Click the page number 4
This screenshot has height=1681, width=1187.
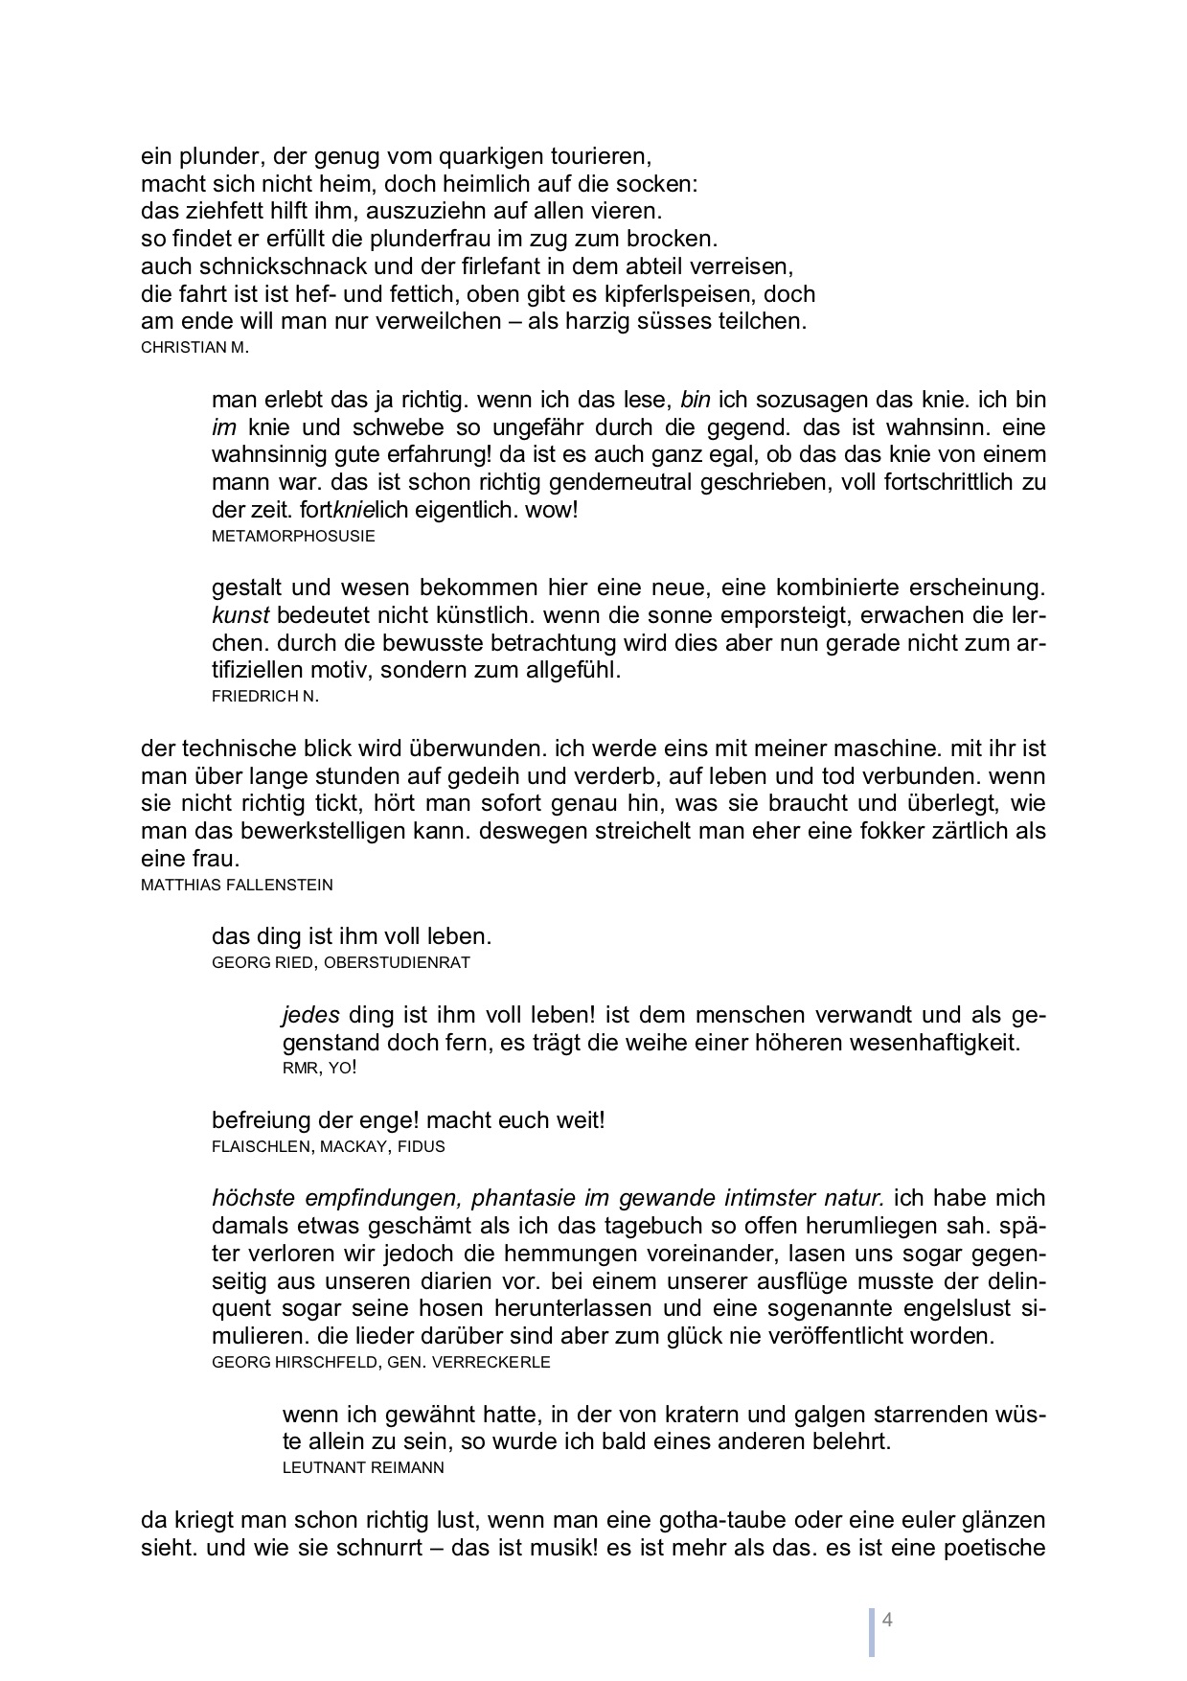click(x=887, y=1621)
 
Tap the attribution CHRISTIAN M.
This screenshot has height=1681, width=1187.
click(x=194, y=348)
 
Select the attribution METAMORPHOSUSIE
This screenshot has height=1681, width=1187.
click(x=293, y=536)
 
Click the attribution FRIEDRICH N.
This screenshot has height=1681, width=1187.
click(x=265, y=697)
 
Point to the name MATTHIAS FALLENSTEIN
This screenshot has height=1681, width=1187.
click(x=237, y=885)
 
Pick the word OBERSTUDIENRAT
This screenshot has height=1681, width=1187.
click(x=398, y=962)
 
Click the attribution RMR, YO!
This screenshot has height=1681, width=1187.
click(x=320, y=1068)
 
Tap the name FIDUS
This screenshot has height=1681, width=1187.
click(x=426, y=1146)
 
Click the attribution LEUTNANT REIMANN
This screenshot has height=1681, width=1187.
click(x=363, y=1467)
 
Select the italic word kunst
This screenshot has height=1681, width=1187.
click(x=240, y=614)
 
